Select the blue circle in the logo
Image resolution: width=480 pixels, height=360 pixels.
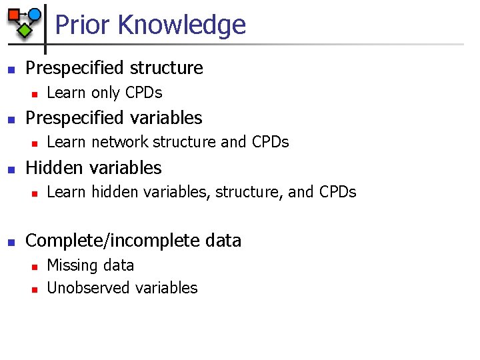point(34,14)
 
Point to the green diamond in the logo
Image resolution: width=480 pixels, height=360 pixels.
point(25,30)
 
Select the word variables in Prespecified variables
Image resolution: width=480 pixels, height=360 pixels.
point(167,118)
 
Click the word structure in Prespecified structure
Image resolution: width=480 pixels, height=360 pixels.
point(167,68)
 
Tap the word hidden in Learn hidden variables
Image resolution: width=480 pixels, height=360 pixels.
point(113,192)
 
